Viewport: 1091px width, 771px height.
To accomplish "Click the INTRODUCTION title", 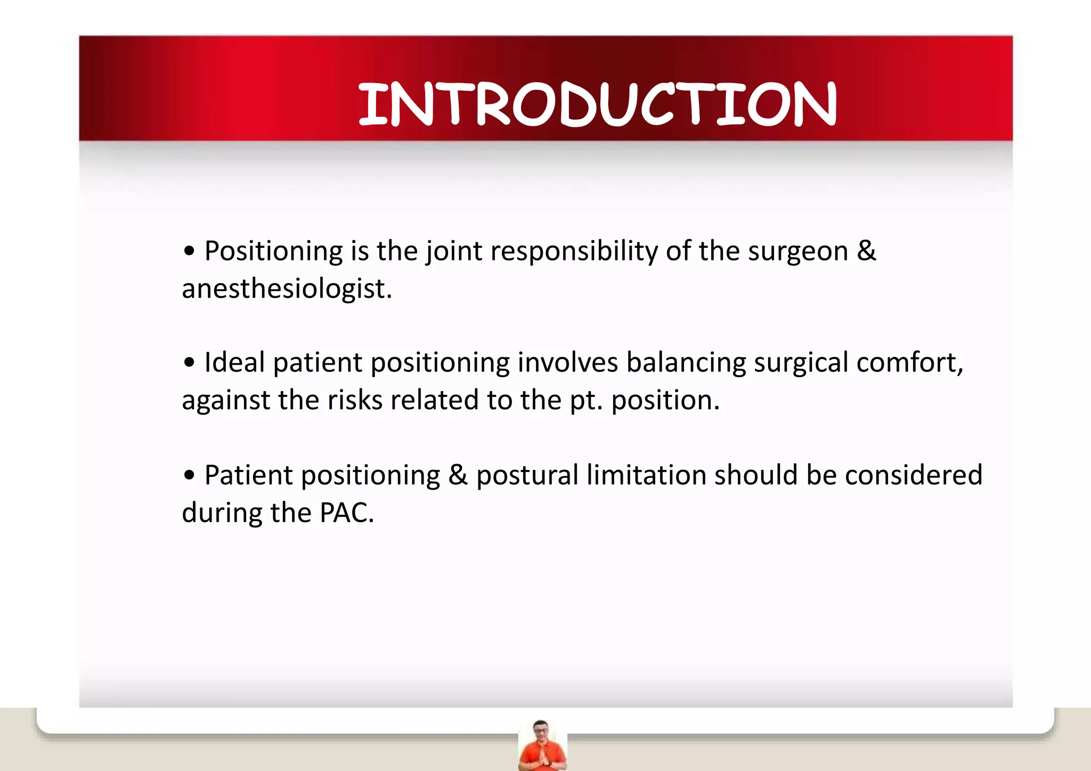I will click(x=597, y=104).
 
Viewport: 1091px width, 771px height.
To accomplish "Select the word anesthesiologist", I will click(x=286, y=289).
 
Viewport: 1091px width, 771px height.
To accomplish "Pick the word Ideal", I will click(x=234, y=362).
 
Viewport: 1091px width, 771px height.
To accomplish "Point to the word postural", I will click(x=527, y=475).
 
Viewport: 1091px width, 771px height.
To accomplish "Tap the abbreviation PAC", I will click(x=346, y=513).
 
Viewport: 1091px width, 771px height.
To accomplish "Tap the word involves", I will click(x=567, y=363).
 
